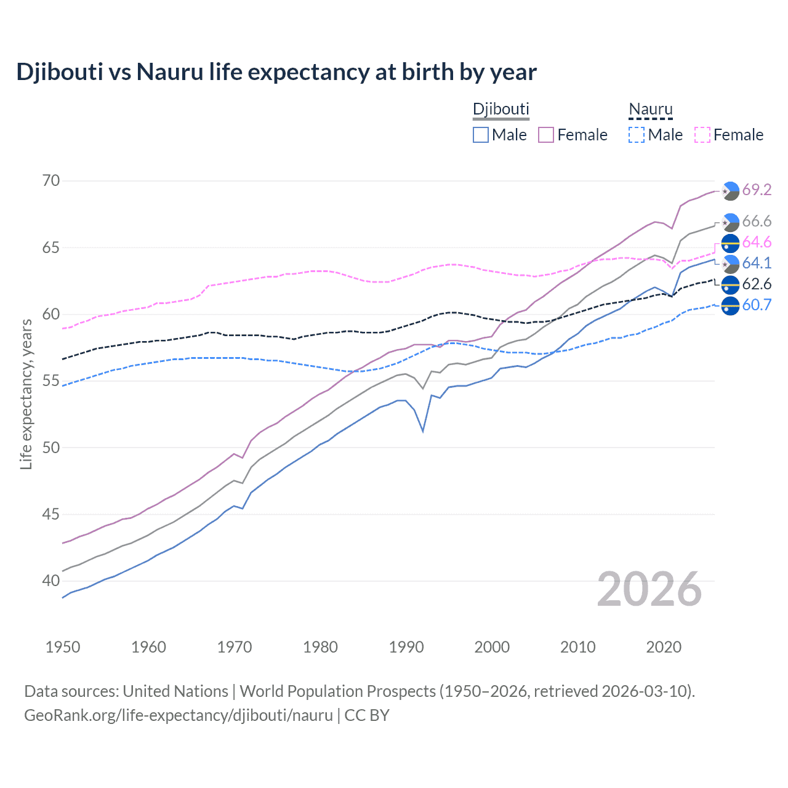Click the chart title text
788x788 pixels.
pyautogui.click(x=276, y=72)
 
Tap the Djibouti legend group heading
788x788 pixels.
pyautogui.click(x=501, y=109)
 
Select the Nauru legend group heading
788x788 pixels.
pyautogui.click(x=650, y=109)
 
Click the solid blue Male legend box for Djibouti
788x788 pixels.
pyautogui.click(x=481, y=135)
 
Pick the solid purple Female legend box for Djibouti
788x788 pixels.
pyautogui.click(x=546, y=135)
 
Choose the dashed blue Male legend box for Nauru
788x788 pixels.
pyautogui.click(x=637, y=135)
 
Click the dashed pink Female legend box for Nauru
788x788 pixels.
pyautogui.click(x=702, y=135)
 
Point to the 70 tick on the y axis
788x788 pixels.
pyautogui.click(x=51, y=181)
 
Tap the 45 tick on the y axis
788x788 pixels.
pyautogui.click(x=51, y=514)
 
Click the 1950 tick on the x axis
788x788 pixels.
pyautogui.click(x=63, y=647)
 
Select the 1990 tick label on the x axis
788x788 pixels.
pyautogui.click(x=406, y=647)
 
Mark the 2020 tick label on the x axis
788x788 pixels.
pyautogui.click(x=664, y=647)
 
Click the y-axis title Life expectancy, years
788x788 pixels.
pyautogui.click(x=26, y=394)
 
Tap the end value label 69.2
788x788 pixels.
pyautogui.click(x=757, y=190)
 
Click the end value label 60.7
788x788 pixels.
pyautogui.click(x=757, y=305)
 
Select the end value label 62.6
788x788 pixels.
pyautogui.click(x=757, y=284)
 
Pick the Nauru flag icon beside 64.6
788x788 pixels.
pyautogui.click(x=730, y=243)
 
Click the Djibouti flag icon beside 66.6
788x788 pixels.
pyautogui.click(x=730, y=222)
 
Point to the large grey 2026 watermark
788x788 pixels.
pyautogui.click(x=649, y=589)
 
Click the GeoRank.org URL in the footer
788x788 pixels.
pyautogui.click(x=179, y=715)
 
